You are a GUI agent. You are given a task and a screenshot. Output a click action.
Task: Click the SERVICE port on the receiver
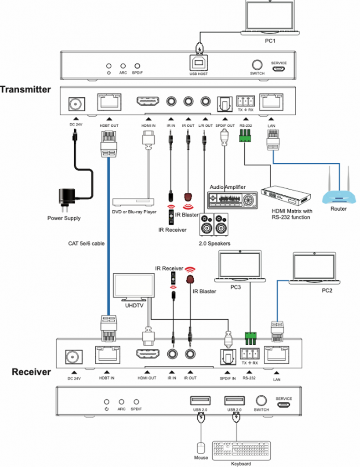283,405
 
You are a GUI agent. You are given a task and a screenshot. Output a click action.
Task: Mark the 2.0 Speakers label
214,244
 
